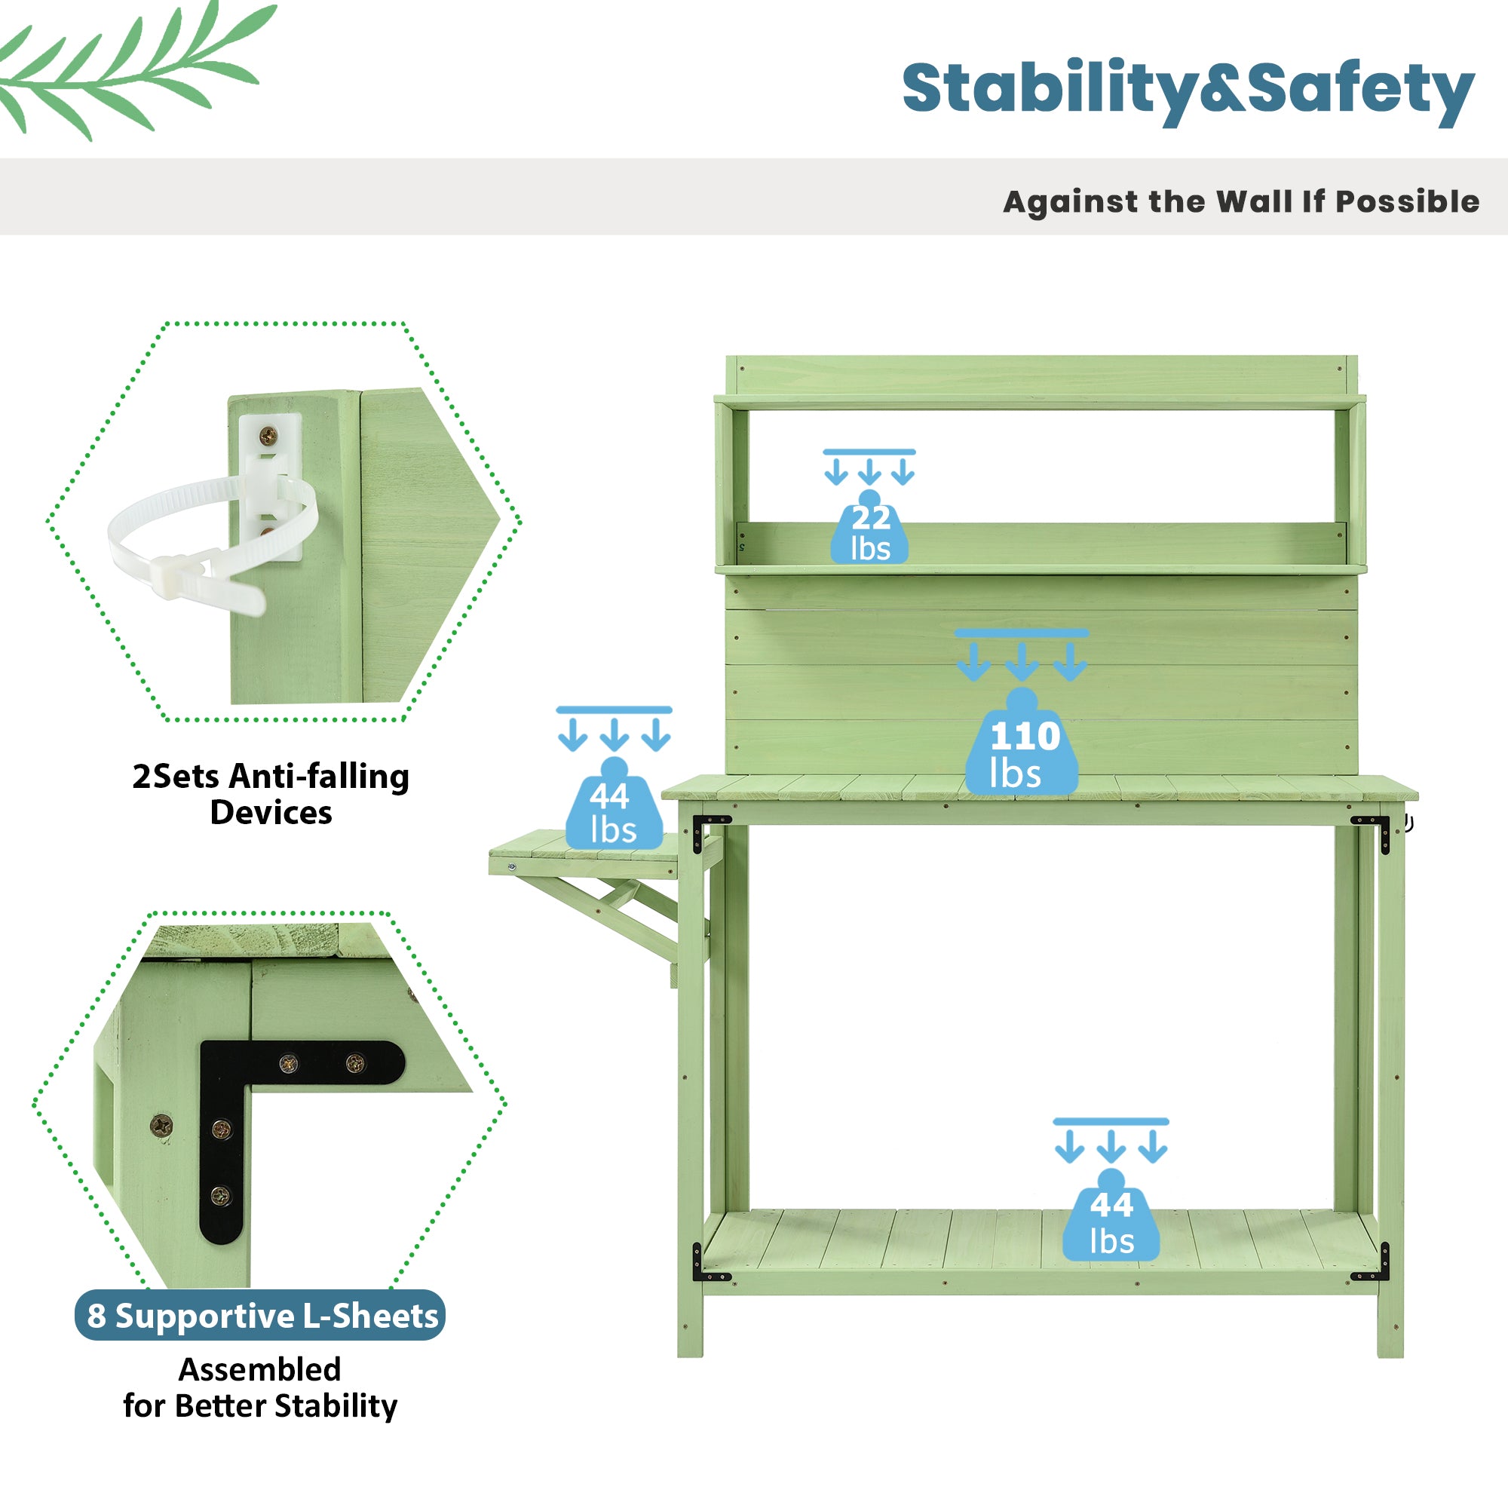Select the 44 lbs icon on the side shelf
(615, 812)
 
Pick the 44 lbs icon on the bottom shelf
(1111, 1222)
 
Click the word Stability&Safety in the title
(1188, 90)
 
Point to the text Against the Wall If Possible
(1240, 201)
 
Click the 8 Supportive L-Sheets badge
(261, 1316)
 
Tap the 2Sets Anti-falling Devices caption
(271, 794)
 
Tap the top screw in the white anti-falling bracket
(268, 436)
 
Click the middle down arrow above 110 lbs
(1022, 663)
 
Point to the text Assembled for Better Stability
(260, 1388)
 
